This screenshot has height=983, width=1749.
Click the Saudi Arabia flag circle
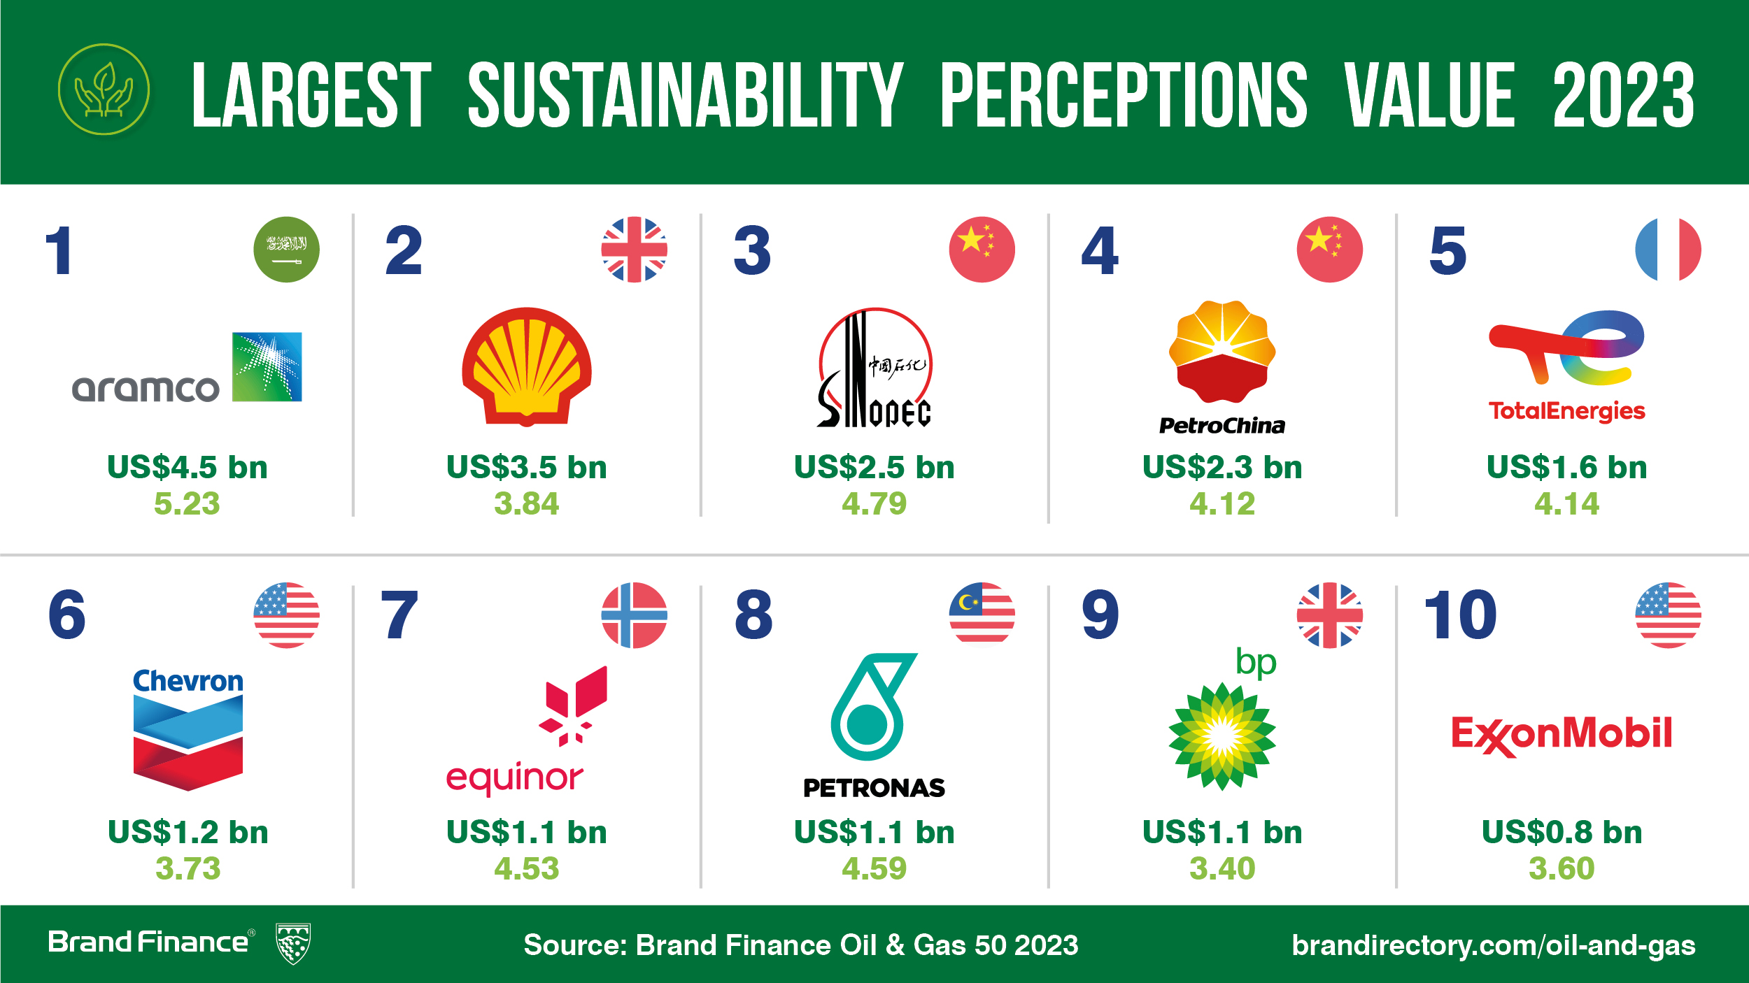tap(286, 250)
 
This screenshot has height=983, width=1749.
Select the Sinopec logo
tap(874, 368)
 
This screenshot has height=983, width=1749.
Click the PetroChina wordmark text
tap(1222, 426)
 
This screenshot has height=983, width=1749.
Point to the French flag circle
tap(1668, 250)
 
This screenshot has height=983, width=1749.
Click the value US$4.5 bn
tap(187, 467)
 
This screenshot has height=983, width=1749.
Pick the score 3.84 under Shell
tap(527, 503)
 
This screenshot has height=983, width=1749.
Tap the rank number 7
tap(399, 615)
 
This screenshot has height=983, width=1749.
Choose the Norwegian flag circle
tap(634, 615)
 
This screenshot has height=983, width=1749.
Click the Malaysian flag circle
tap(982, 615)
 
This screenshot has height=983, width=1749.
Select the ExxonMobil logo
tap(1562, 736)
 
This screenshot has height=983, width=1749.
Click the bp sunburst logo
tap(1222, 736)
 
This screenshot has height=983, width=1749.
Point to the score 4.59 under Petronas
tap(874, 868)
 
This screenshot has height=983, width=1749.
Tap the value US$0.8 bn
tap(1562, 832)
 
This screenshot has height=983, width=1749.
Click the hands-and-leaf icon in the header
tap(104, 89)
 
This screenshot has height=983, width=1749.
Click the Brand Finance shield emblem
tap(293, 944)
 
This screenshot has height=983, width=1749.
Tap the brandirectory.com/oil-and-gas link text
tap(1494, 945)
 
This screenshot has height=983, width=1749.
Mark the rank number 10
tap(1461, 615)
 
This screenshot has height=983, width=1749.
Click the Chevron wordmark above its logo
tap(188, 681)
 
